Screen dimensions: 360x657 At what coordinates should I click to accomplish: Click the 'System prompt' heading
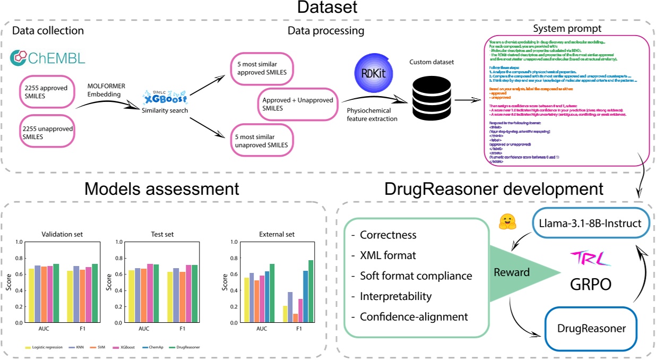568,28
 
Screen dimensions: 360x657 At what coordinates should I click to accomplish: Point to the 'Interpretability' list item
395,296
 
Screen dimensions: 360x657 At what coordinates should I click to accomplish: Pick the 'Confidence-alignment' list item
414,317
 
